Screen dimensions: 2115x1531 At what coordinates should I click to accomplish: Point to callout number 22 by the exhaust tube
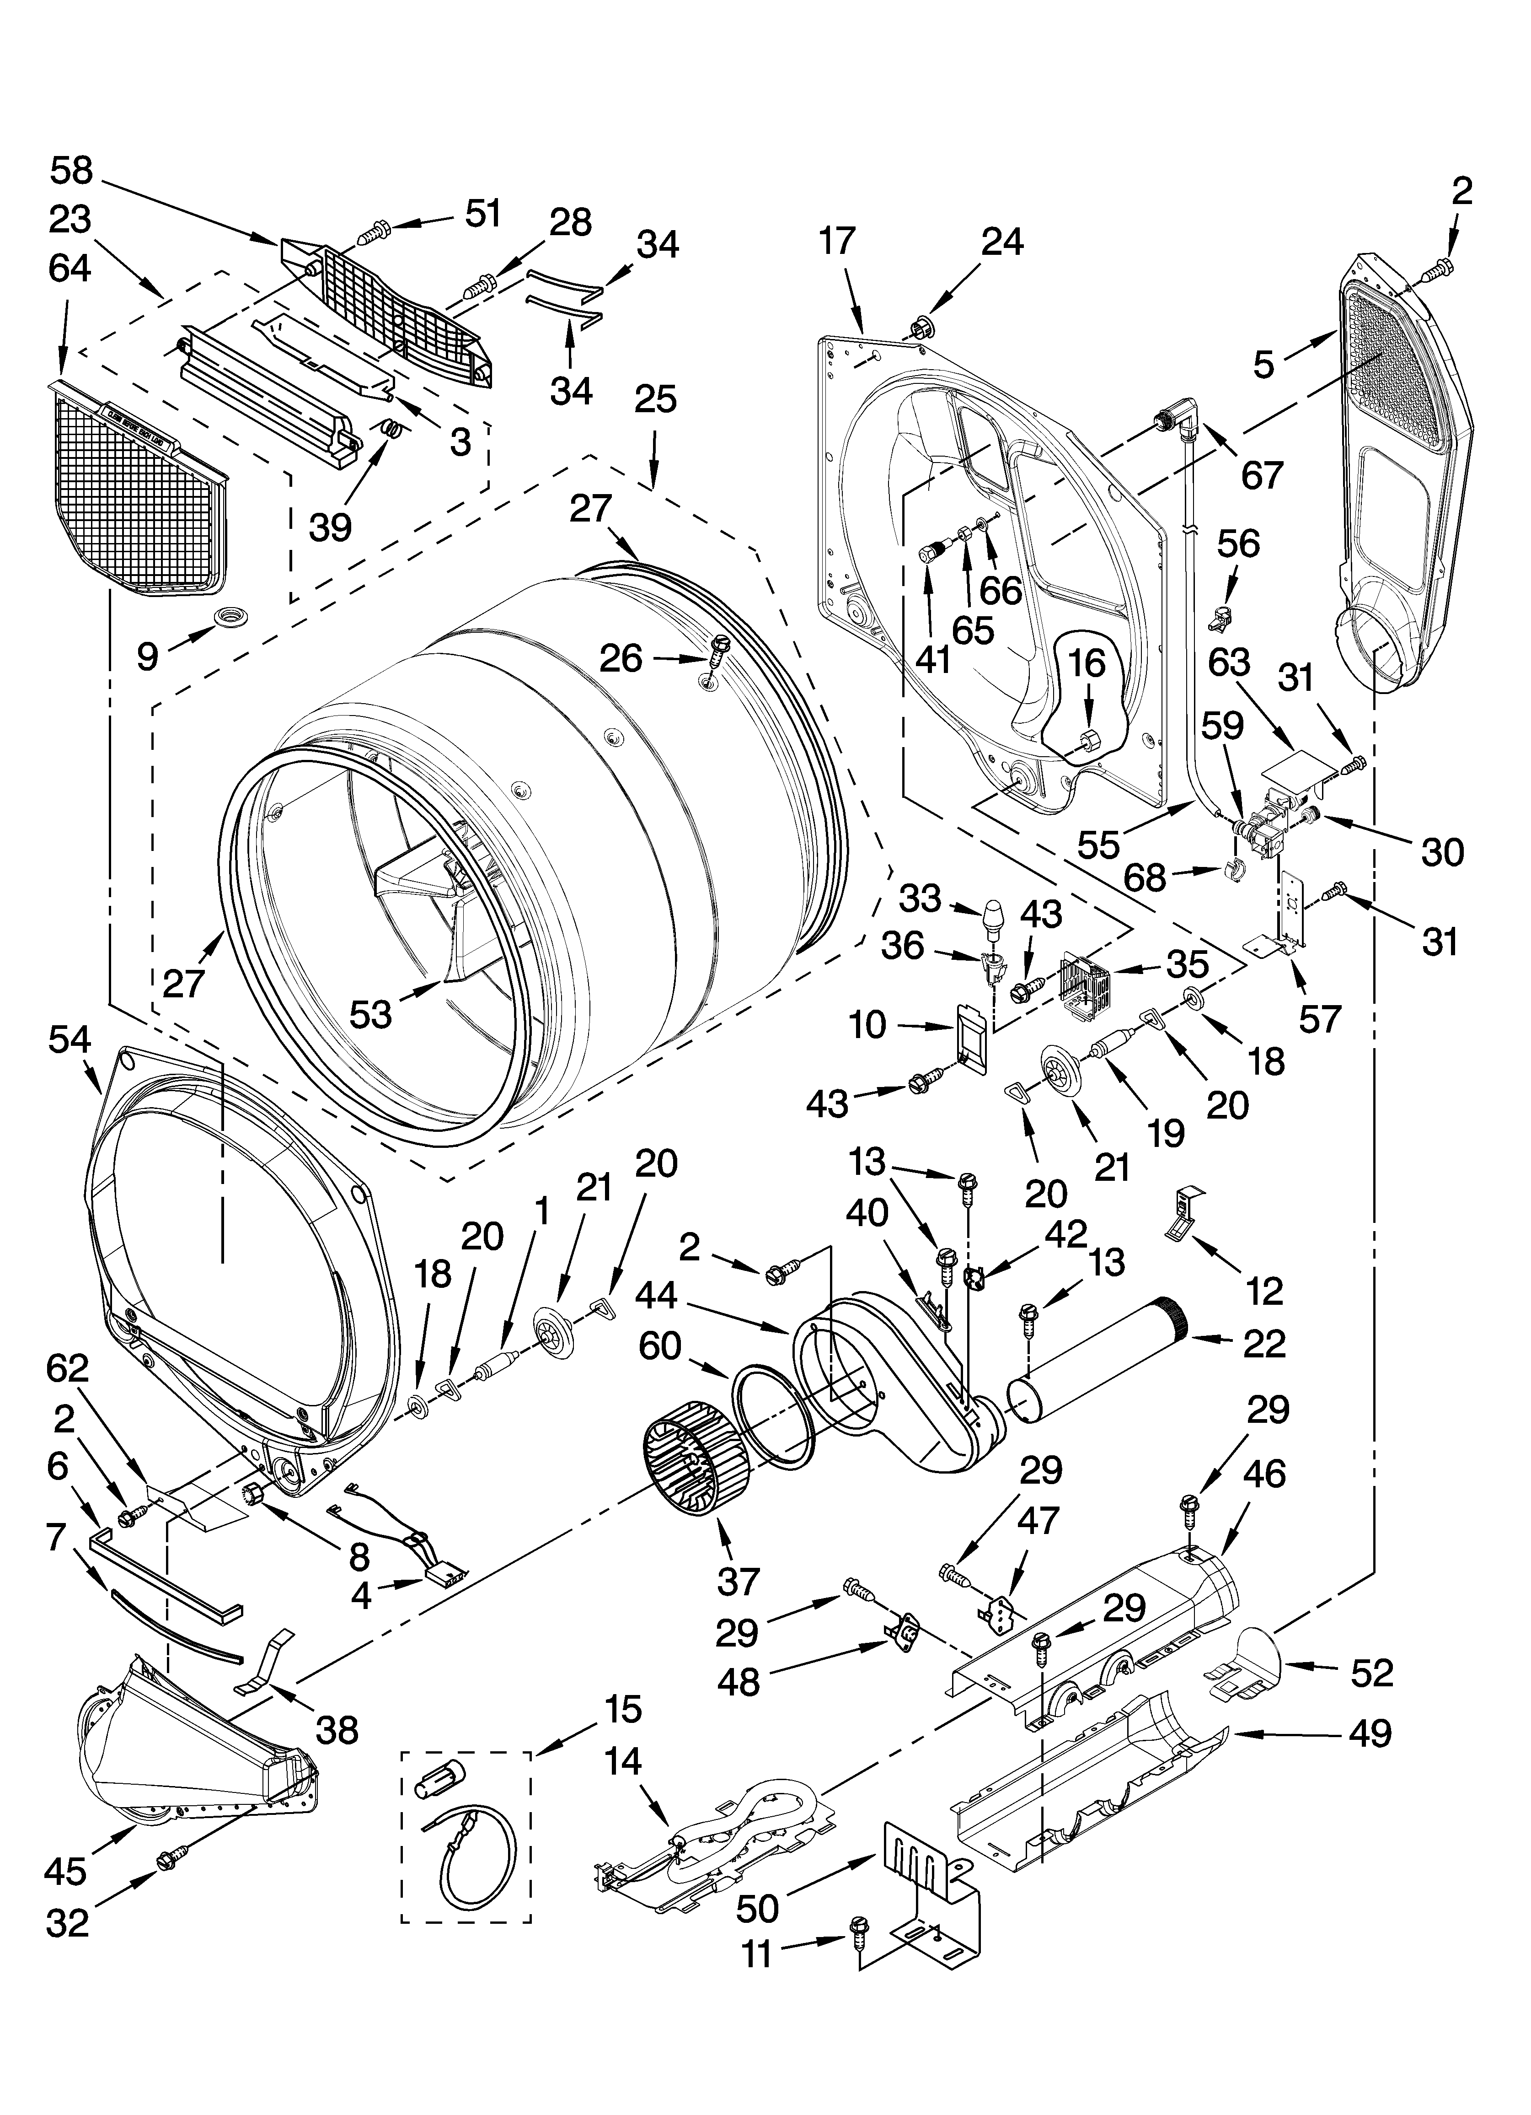(1264, 1344)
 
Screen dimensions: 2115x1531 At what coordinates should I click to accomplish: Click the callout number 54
(71, 1041)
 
